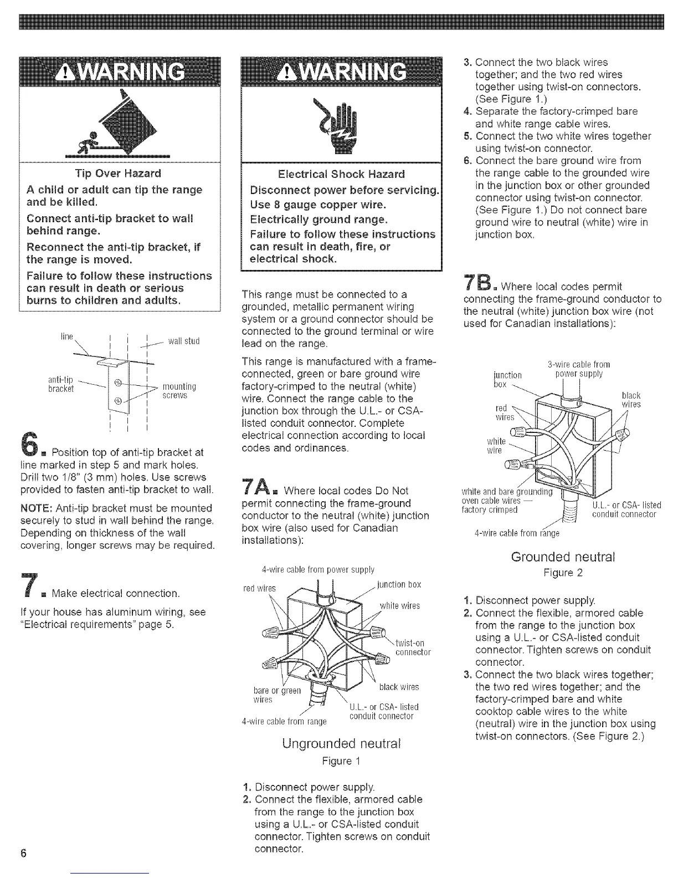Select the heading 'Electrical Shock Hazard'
pos(341,174)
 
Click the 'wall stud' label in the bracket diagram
pos(183,341)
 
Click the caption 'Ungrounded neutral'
pos(341,742)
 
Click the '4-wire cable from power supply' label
pos(317,569)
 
